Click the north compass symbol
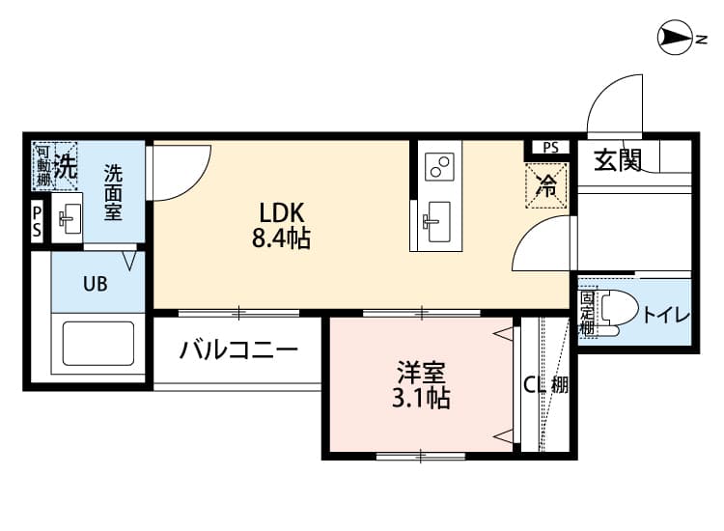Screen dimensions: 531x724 coord(675,39)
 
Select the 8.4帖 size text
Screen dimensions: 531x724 coord(281,239)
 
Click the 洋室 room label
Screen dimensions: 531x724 coord(421,370)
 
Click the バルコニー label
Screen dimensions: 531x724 coord(237,349)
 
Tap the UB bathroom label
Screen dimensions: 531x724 coord(95,284)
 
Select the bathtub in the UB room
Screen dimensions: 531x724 coord(98,343)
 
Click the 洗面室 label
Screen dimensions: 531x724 coord(114,192)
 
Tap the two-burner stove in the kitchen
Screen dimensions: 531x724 coord(442,166)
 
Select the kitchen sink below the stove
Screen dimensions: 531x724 coord(436,222)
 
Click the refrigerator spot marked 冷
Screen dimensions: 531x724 coord(546,185)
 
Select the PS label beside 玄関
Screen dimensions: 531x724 coord(549,149)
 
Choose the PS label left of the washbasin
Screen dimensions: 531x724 coord(37,221)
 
